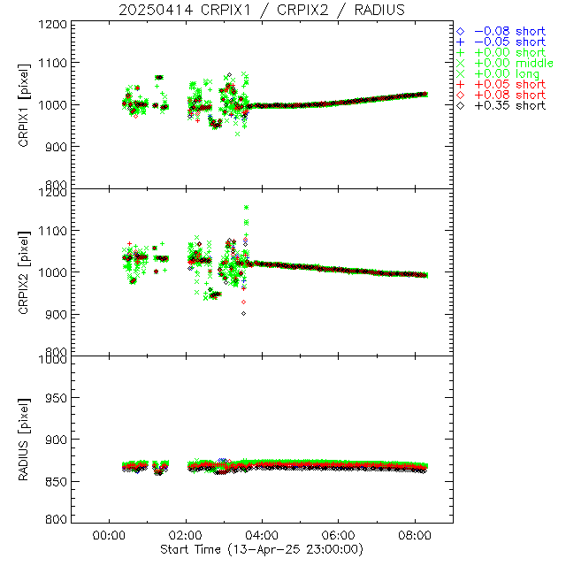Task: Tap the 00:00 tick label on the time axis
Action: [108, 535]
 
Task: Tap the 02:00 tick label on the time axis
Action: [186, 535]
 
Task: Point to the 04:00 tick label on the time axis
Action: [263, 535]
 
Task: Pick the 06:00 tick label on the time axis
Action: [340, 535]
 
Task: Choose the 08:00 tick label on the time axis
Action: [417, 535]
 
